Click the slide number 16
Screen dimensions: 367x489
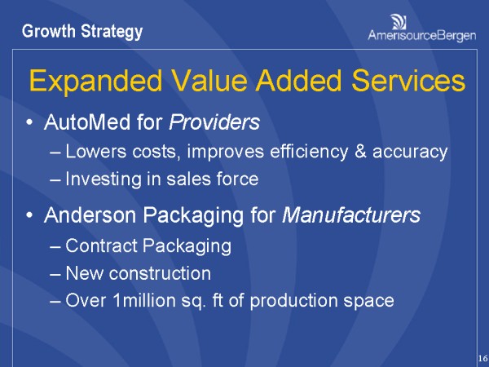coord(482,358)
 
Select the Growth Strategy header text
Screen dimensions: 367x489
coord(82,32)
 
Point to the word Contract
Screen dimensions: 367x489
coord(97,245)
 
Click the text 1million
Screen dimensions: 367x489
coord(139,300)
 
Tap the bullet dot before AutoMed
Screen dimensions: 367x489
coord(30,124)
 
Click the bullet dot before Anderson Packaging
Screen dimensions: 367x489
coord(30,217)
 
